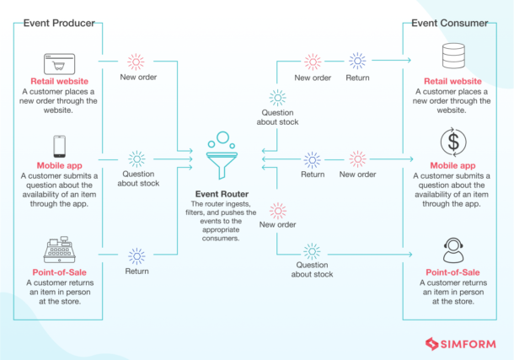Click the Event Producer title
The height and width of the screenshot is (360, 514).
(x=60, y=23)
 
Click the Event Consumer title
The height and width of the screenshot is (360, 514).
(x=449, y=23)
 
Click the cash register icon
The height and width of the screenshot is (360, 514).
(x=59, y=250)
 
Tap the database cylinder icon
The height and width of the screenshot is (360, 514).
(x=453, y=59)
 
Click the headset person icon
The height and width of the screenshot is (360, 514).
(x=453, y=250)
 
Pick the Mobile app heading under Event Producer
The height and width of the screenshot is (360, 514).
(x=59, y=165)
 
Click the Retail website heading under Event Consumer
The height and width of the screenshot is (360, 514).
(x=453, y=81)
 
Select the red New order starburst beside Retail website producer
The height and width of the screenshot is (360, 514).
(x=136, y=62)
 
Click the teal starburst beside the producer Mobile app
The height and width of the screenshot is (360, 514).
(x=136, y=159)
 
